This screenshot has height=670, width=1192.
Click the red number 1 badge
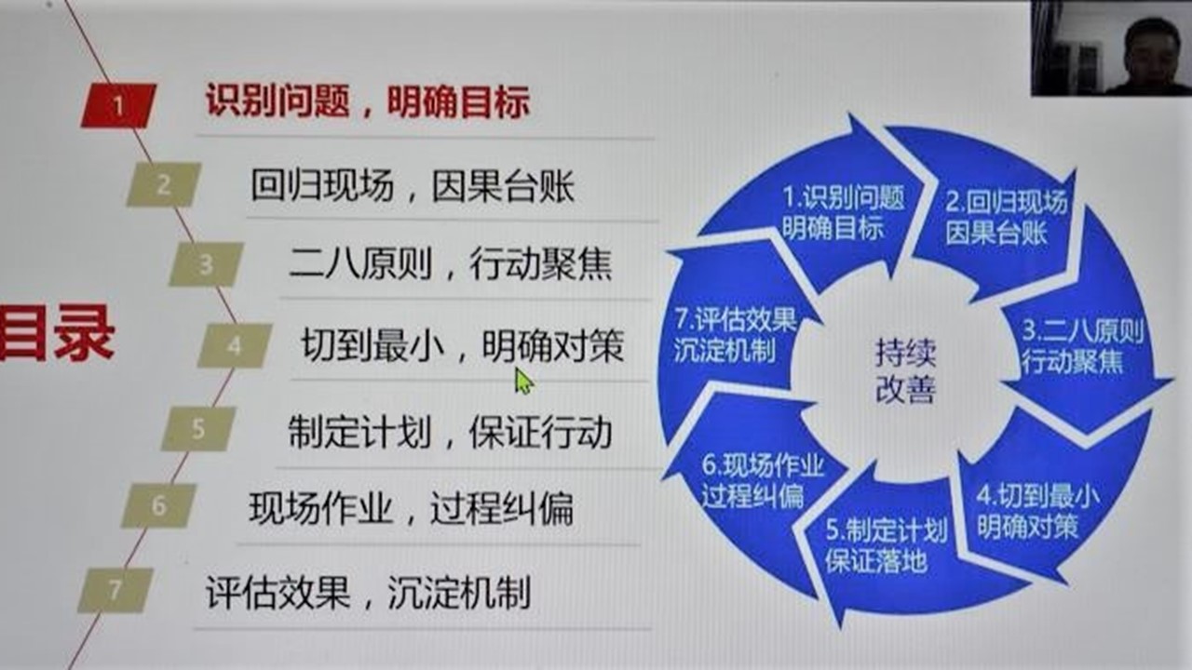(118, 105)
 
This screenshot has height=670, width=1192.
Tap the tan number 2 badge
(163, 184)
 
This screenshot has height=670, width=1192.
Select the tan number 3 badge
(206, 264)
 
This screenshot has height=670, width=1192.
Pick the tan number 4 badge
(235, 345)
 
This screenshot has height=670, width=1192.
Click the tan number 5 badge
(198, 429)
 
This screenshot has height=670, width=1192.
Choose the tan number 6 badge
(158, 505)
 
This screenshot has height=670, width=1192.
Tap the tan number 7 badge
(115, 590)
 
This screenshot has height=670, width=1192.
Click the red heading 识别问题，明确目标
(368, 101)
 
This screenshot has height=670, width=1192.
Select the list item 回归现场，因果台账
(413, 186)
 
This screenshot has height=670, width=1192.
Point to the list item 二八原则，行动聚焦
(450, 264)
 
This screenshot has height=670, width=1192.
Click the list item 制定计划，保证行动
(450, 431)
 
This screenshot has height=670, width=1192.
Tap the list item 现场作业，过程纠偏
(412, 509)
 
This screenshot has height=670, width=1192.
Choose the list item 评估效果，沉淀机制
(368, 592)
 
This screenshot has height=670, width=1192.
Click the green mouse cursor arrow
(523, 382)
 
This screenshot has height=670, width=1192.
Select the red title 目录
(57, 333)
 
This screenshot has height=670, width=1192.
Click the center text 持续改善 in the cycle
(905, 371)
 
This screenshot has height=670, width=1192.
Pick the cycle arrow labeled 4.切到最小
(1043, 511)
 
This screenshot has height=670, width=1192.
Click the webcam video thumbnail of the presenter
(1111, 47)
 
